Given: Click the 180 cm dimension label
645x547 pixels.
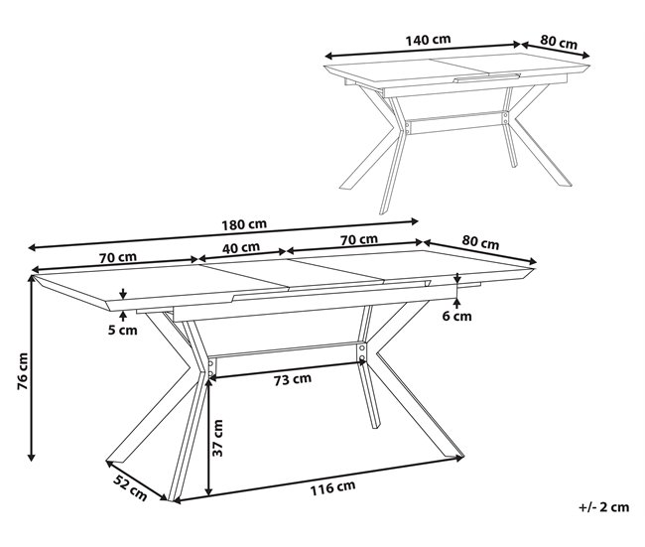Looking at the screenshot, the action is tap(244, 224).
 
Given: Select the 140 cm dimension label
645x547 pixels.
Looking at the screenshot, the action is tap(429, 40).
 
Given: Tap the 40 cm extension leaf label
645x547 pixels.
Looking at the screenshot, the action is tap(241, 248).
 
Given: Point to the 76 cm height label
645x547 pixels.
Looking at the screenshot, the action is tap(23, 371).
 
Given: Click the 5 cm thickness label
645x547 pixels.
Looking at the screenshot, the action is tap(123, 331).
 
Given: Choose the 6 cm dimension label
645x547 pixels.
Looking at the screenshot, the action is tap(457, 316).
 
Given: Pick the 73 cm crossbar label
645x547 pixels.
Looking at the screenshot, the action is tap(293, 378).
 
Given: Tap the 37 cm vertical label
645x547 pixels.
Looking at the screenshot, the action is tap(217, 438).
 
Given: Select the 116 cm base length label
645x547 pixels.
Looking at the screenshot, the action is tap(332, 488).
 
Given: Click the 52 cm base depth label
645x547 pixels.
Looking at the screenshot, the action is tap(130, 488).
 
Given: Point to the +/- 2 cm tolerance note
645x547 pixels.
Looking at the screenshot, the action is tap(604, 507).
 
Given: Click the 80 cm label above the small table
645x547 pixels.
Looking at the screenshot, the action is tap(559, 42).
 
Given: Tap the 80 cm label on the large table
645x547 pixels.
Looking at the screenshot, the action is tap(480, 243).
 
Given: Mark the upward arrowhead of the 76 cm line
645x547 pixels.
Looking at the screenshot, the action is tap(32, 278).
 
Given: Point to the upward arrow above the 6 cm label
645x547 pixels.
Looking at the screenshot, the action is tap(457, 304).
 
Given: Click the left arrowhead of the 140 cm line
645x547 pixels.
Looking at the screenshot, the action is tap(328, 56).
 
